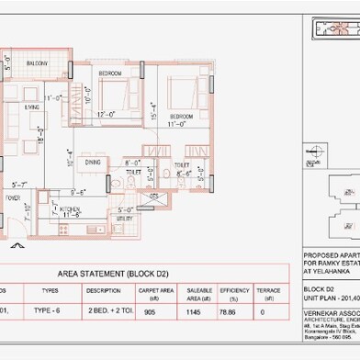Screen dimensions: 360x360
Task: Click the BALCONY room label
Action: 37,63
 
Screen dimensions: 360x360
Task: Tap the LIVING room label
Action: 32,108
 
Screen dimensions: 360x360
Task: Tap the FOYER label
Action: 14,197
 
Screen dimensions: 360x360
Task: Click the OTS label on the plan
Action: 154,197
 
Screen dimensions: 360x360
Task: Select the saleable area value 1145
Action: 193,311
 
